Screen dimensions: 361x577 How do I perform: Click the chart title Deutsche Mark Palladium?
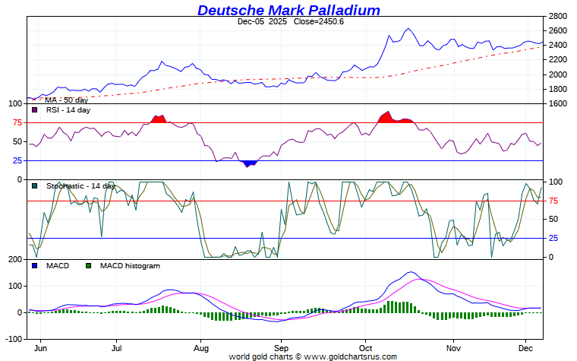pos(288,10)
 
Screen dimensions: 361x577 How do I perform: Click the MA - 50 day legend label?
pos(66,100)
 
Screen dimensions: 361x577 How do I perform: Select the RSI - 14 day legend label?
pos(68,110)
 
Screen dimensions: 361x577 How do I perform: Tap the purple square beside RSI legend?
pos(34,110)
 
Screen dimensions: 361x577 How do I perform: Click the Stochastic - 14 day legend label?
pos(80,185)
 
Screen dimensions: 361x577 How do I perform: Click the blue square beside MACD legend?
pos(34,266)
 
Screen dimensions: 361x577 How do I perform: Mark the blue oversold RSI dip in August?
pos(248,163)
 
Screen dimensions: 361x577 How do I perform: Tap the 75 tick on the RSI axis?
pos(15,122)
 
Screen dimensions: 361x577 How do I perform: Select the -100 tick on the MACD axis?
pos(13,339)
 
